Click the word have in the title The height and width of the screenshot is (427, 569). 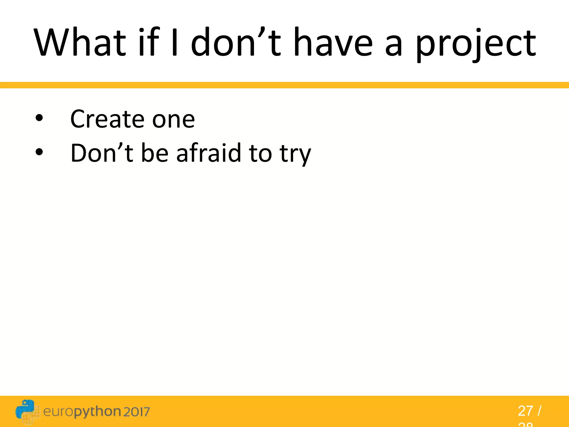(333, 42)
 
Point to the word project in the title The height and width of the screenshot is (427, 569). (475, 44)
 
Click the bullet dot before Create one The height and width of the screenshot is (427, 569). (39, 118)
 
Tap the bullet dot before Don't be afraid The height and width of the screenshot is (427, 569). (39, 152)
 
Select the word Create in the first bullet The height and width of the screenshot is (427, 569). (107, 119)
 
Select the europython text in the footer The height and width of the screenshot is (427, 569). (82, 412)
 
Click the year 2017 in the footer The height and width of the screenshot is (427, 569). (136, 412)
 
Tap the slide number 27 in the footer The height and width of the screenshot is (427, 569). (525, 411)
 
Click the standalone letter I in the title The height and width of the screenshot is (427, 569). (174, 42)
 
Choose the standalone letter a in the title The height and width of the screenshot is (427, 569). (393, 46)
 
